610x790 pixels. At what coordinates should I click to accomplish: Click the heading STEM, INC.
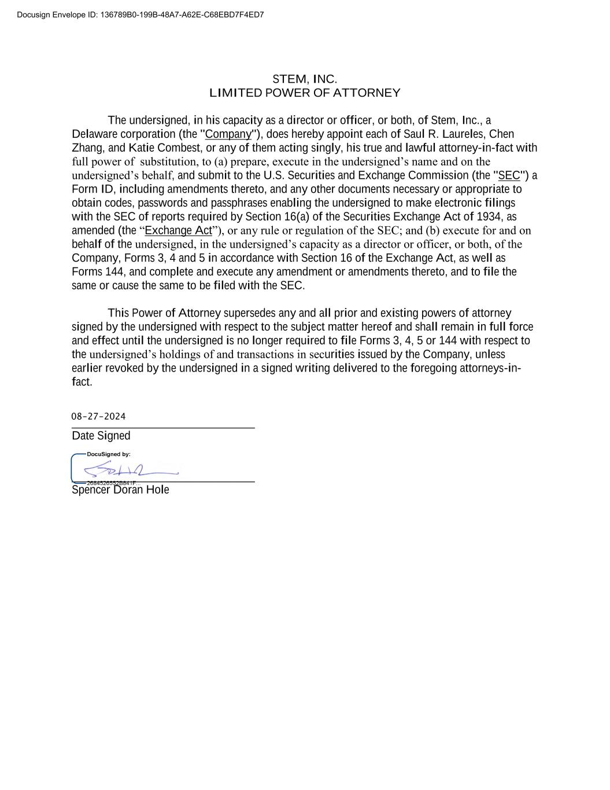coord(305,79)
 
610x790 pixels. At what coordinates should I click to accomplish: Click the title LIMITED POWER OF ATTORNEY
coord(305,93)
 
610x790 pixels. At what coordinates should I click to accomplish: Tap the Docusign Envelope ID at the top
coord(141,14)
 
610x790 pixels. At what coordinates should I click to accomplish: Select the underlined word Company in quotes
coord(228,134)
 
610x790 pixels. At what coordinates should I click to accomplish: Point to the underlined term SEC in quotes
coord(509,175)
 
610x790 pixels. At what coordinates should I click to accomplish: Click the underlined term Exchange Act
coord(178,230)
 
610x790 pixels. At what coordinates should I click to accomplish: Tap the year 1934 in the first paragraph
coord(490,216)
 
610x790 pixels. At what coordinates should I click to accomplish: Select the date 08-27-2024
coord(98,417)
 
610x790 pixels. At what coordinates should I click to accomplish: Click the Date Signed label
coord(101,436)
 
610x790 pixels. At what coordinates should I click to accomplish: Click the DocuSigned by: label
coord(109,454)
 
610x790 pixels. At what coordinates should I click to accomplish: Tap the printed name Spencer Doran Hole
coord(120,490)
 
